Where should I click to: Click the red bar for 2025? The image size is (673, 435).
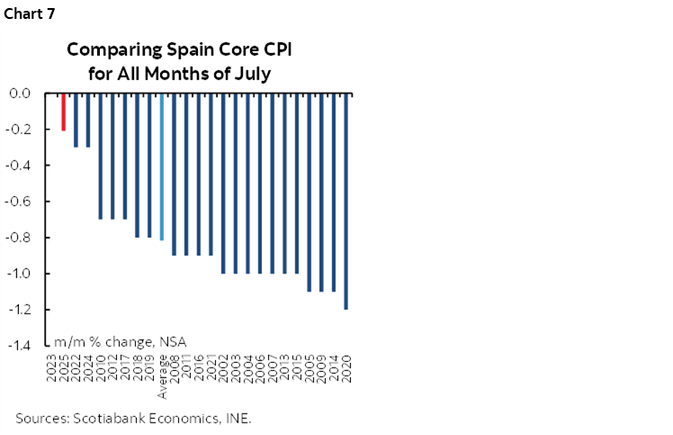[63, 112]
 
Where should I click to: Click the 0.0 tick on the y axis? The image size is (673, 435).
[20, 93]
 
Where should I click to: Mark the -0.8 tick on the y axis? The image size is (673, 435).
[18, 238]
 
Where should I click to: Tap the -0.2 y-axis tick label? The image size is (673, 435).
[18, 130]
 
